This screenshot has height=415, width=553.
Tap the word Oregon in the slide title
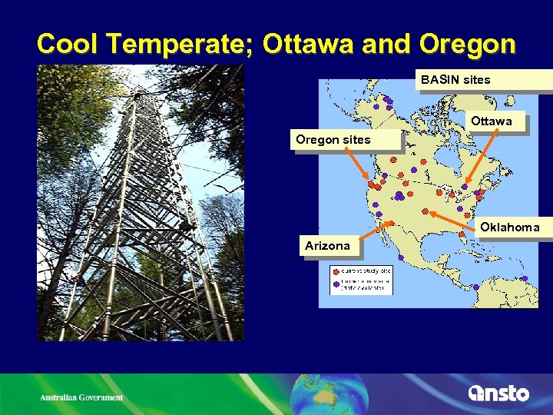(x=467, y=44)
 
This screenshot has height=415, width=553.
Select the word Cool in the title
(x=67, y=44)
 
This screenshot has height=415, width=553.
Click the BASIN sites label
(x=455, y=80)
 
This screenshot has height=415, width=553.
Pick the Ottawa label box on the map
(x=491, y=121)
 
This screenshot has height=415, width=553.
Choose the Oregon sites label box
(x=333, y=140)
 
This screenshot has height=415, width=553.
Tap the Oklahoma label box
(x=509, y=227)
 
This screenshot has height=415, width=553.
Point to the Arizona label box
(x=327, y=246)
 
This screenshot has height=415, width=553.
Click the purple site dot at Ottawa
(x=465, y=187)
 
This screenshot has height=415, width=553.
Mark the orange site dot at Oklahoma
(x=425, y=211)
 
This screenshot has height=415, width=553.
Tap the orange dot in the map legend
(x=336, y=271)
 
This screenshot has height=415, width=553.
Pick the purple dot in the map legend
(x=336, y=284)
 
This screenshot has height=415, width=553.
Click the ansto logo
(x=498, y=393)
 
